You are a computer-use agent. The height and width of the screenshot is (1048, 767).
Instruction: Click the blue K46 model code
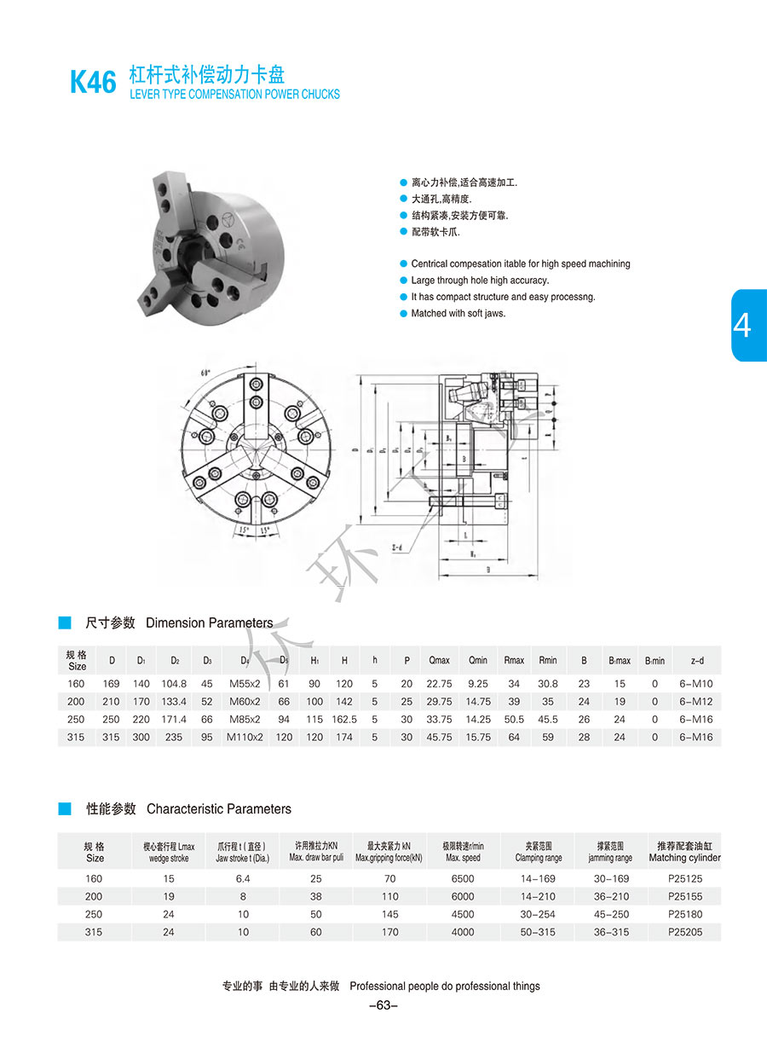92,83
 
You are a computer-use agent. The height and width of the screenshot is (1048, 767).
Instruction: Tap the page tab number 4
742,325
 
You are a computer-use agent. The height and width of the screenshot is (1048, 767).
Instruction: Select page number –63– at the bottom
383,1005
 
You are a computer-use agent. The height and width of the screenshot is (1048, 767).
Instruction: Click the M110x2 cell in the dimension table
245,737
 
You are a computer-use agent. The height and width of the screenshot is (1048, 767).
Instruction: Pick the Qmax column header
439,660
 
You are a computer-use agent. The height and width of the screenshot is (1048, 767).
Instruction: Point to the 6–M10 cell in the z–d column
697,683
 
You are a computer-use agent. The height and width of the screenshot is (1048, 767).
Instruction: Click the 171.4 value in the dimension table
174,719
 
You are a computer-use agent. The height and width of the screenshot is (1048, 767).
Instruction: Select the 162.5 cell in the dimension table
344,719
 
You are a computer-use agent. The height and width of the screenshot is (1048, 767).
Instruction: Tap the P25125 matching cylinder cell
685,878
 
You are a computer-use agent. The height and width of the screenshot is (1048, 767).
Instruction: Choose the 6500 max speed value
463,878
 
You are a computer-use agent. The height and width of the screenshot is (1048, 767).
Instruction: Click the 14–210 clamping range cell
538,896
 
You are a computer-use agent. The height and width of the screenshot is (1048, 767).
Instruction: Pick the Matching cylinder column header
684,852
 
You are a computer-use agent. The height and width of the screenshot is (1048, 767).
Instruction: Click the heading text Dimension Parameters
210,623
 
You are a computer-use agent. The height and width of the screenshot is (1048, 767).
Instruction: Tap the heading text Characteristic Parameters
219,808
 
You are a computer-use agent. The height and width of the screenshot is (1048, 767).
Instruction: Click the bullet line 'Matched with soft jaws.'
458,314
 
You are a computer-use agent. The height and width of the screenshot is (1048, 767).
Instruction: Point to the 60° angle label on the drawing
205,373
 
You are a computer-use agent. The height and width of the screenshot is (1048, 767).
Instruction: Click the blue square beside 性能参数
65,808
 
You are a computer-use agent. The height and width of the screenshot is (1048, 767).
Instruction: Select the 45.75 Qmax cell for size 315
439,737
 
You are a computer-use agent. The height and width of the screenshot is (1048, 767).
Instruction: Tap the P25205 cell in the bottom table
685,932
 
